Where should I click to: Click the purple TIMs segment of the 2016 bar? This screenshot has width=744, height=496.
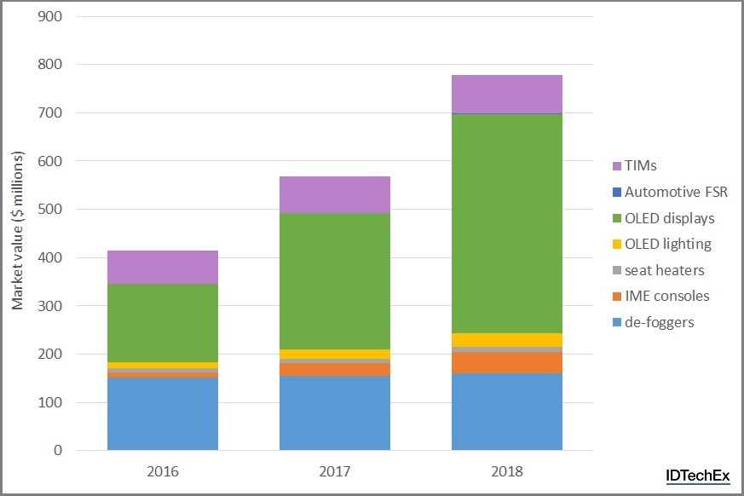pos(163,267)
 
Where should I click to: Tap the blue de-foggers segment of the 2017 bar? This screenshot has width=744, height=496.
pos(335,412)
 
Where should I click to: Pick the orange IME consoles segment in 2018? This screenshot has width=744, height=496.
pos(506,362)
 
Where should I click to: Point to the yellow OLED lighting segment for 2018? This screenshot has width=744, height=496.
pos(506,339)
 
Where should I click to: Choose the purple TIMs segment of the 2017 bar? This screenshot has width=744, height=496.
pos(335,194)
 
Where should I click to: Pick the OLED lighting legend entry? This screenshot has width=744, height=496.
pos(667,244)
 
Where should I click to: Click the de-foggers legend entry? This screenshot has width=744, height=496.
pos(660,321)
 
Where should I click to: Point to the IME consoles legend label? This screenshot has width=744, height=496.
pos(666,296)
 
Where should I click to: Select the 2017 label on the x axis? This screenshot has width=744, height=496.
pos(335,470)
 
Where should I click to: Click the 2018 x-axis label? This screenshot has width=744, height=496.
pos(506,470)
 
